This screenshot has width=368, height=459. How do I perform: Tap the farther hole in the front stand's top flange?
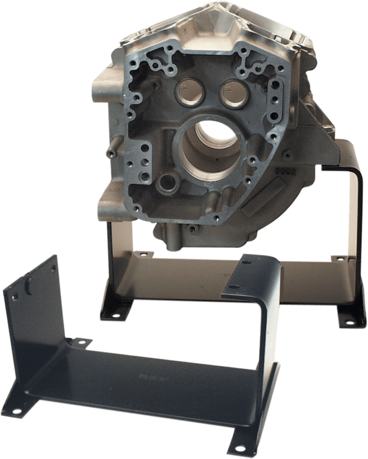[x=248, y=263]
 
